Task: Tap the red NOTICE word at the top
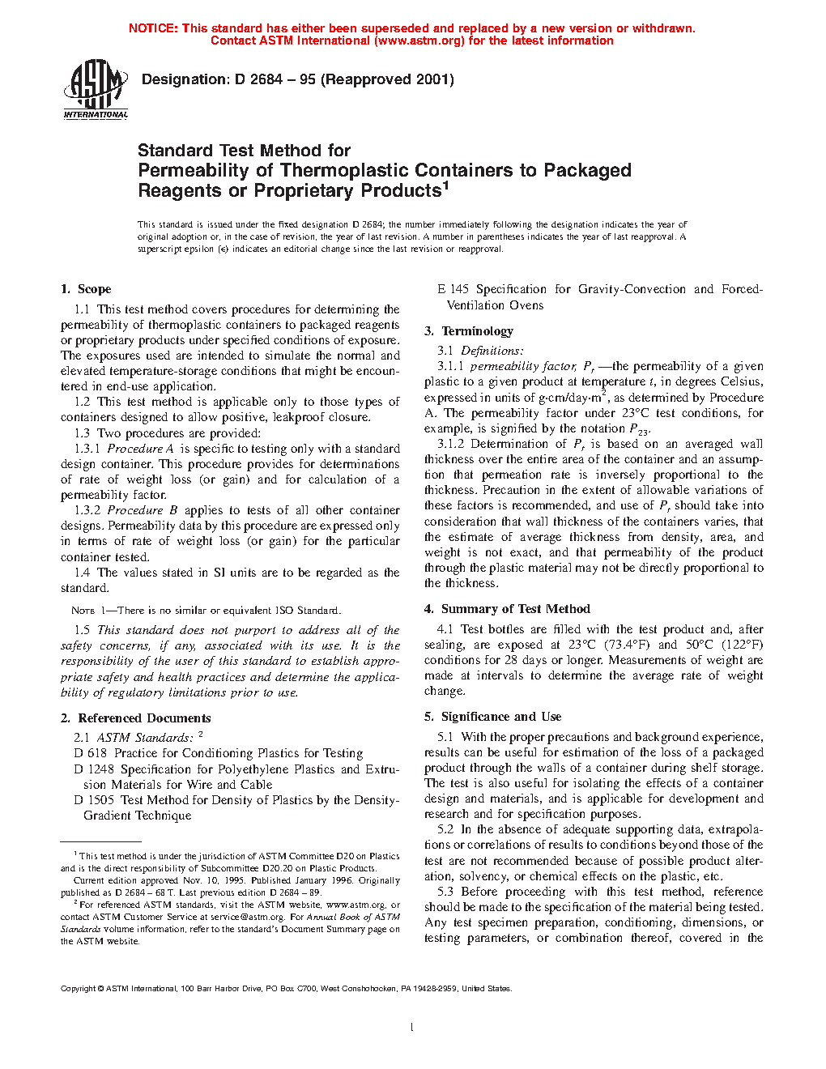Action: pyautogui.click(x=153, y=28)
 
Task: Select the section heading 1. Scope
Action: pyautogui.click(x=86, y=289)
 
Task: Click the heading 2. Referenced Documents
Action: pyautogui.click(x=136, y=718)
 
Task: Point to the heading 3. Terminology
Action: pyautogui.click(x=469, y=331)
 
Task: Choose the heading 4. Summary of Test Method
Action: pyautogui.click(x=508, y=609)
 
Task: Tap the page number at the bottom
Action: pyautogui.click(x=412, y=1028)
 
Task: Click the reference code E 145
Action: pyautogui.click(x=453, y=289)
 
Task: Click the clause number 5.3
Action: pyautogui.click(x=445, y=892)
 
